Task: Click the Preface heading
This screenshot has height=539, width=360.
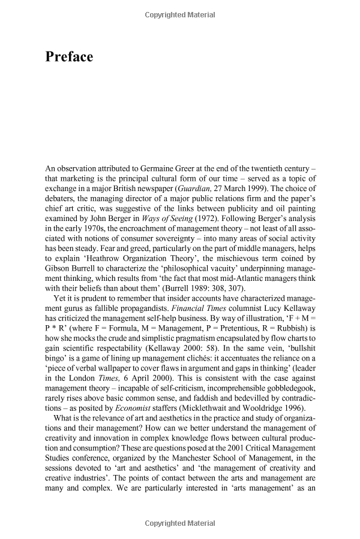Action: (69, 57)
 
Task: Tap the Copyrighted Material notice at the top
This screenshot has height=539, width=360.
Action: (180, 14)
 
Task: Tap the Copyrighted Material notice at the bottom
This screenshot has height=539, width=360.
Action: (180, 523)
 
